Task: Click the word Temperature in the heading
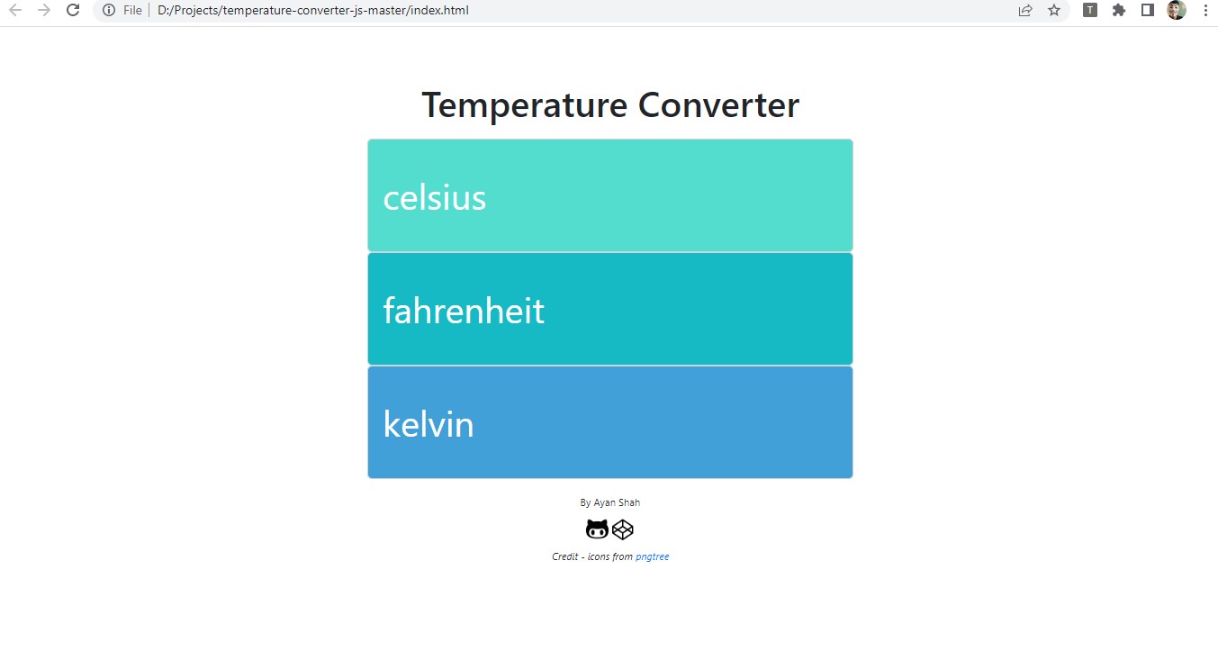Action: click(x=525, y=105)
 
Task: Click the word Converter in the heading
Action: click(x=718, y=105)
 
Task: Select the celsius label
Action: click(x=435, y=198)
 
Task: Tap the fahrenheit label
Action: click(x=464, y=312)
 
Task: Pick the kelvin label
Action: click(x=429, y=425)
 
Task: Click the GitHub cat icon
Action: click(x=597, y=529)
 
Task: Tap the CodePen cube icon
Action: click(x=623, y=529)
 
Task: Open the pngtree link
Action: click(x=652, y=556)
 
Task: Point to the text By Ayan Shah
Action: click(x=610, y=502)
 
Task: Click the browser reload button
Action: click(x=74, y=11)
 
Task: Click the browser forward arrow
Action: click(x=43, y=11)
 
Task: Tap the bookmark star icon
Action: click(x=1054, y=11)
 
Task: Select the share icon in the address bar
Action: click(x=1025, y=11)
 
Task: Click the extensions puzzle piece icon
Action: click(x=1119, y=11)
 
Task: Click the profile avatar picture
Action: click(x=1177, y=11)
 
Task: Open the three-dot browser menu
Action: click(x=1205, y=11)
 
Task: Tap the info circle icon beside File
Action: click(x=109, y=11)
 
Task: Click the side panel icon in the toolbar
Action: click(x=1148, y=11)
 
